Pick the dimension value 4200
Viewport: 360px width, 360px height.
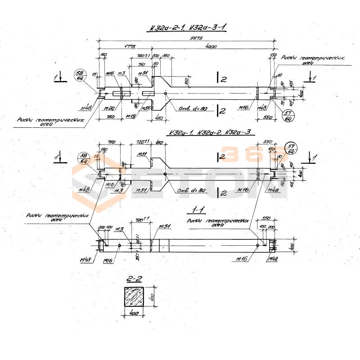pos(210,47)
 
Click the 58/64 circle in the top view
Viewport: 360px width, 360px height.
pos(81,75)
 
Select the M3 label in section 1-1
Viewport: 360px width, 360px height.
pos(120,230)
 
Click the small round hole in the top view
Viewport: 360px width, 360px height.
pos(166,94)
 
